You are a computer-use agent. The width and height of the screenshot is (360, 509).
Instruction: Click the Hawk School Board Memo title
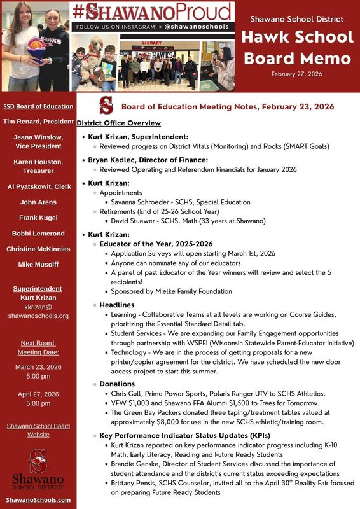click(296, 48)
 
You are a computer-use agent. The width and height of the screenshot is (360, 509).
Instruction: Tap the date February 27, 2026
click(296, 74)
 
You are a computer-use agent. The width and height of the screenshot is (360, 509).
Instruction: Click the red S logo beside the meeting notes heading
click(106, 106)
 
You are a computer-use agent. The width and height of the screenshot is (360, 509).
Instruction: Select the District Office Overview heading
click(119, 123)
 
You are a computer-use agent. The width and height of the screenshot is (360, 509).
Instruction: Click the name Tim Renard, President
click(38, 121)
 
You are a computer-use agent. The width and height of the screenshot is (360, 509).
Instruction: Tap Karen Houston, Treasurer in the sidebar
click(38, 167)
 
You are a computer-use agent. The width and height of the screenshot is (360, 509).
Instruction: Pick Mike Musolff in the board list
click(38, 264)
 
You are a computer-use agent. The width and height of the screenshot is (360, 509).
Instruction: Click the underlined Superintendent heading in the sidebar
click(38, 289)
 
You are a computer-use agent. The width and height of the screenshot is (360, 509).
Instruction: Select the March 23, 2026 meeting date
click(38, 367)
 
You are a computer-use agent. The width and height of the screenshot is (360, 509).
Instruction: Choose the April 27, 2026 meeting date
click(38, 394)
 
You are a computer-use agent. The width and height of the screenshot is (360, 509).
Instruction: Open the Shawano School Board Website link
click(38, 430)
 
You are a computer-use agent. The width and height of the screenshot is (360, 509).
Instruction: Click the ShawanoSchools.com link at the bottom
click(38, 500)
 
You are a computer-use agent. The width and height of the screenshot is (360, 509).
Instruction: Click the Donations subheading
click(117, 384)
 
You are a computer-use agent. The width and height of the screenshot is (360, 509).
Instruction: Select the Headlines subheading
click(117, 305)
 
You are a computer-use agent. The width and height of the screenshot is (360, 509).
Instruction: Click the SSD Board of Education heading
click(38, 106)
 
